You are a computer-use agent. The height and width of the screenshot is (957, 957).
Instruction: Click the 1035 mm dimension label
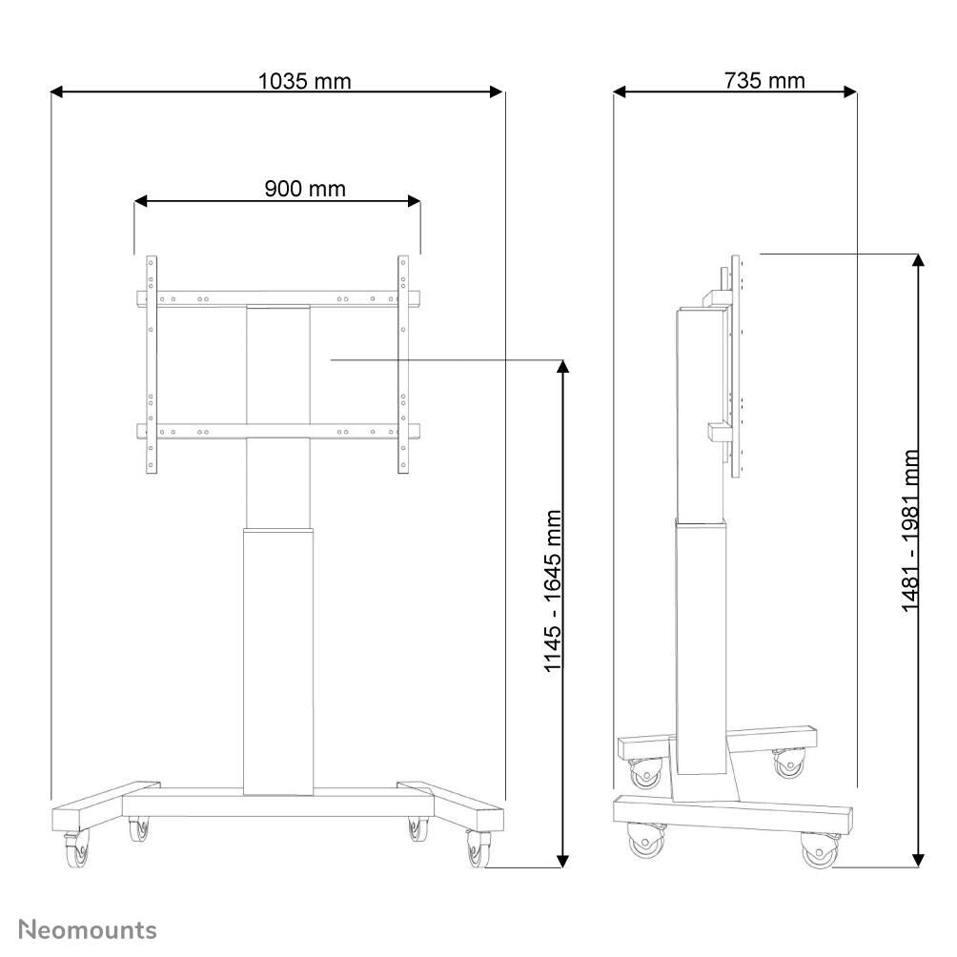coord(304,81)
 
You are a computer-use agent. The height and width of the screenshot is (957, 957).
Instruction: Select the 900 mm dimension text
coord(304,189)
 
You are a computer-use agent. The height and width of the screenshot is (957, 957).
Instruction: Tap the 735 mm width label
coord(764,80)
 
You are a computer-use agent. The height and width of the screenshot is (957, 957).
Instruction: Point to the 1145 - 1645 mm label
coord(553,591)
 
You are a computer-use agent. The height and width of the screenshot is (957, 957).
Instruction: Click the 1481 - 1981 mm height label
coord(911,531)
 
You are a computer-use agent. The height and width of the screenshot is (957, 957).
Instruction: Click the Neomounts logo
coord(89,929)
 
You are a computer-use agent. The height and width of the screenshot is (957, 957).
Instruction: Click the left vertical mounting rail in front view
coord(151,364)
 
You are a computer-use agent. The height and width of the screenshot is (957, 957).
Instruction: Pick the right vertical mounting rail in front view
coord(403,364)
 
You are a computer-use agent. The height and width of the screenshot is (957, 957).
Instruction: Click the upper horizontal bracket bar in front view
coord(276,298)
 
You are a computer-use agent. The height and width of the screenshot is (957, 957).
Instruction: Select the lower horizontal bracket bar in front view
coord(276,432)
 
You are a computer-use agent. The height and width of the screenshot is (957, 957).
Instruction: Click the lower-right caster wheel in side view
coord(819,848)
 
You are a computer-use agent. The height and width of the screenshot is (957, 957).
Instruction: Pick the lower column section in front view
coord(277,658)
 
